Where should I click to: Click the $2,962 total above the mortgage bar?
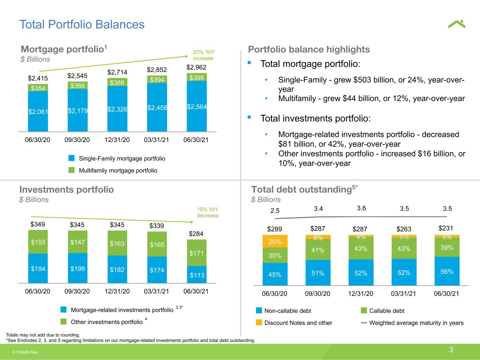click(x=196, y=67)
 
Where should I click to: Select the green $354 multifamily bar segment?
click(x=38, y=88)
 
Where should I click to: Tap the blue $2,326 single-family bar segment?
click(x=117, y=109)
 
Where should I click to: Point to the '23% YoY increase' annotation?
click(x=203, y=55)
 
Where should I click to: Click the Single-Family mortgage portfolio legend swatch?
click(x=71, y=158)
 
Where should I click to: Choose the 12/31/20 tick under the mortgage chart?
click(x=117, y=140)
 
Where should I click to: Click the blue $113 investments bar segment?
click(x=197, y=275)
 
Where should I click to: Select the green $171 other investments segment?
click(x=197, y=253)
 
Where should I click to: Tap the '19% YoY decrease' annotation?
click(x=207, y=212)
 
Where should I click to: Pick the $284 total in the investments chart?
click(x=196, y=234)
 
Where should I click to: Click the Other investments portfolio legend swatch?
click(x=63, y=322)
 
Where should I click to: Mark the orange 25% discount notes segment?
click(x=275, y=241)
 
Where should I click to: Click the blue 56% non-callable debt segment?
click(x=447, y=271)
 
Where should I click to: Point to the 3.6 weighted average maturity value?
click(x=361, y=208)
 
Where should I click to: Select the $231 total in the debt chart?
click(x=446, y=229)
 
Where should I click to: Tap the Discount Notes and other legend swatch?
click(x=259, y=322)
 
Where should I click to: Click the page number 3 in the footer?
click(x=451, y=350)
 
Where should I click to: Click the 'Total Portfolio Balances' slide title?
click(x=82, y=24)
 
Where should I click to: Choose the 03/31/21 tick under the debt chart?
click(x=403, y=294)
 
